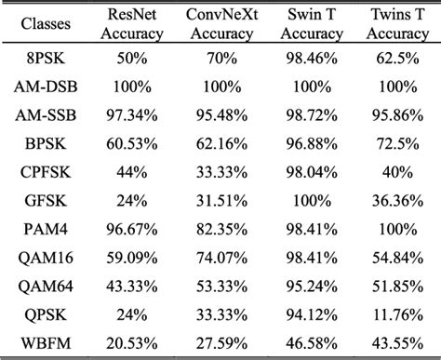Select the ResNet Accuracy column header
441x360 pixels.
[135, 23]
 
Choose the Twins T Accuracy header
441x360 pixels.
[397, 23]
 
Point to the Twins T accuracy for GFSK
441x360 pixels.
[397, 200]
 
